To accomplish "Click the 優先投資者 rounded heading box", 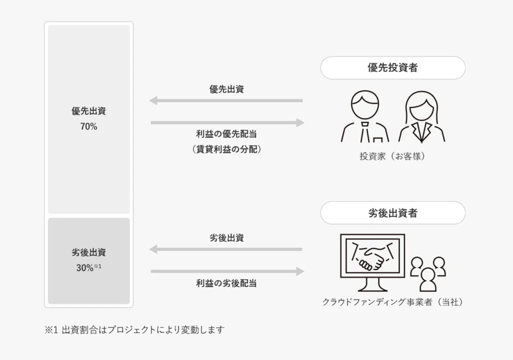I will [393, 68].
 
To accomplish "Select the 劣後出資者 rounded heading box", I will [393, 213].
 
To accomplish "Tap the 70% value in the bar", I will [89, 127].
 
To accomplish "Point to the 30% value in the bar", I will [85, 268].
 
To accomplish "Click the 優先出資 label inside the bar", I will [89, 111].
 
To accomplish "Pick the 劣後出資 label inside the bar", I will [89, 253].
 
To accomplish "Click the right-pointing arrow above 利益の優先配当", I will [226, 122].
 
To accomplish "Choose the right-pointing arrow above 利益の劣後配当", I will [226, 271].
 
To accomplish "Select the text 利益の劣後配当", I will [226, 283].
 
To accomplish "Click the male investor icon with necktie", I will [366, 116].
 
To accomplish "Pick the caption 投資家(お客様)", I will [393, 156].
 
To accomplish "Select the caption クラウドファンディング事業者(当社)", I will [393, 302].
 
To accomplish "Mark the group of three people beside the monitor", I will [428, 273].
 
